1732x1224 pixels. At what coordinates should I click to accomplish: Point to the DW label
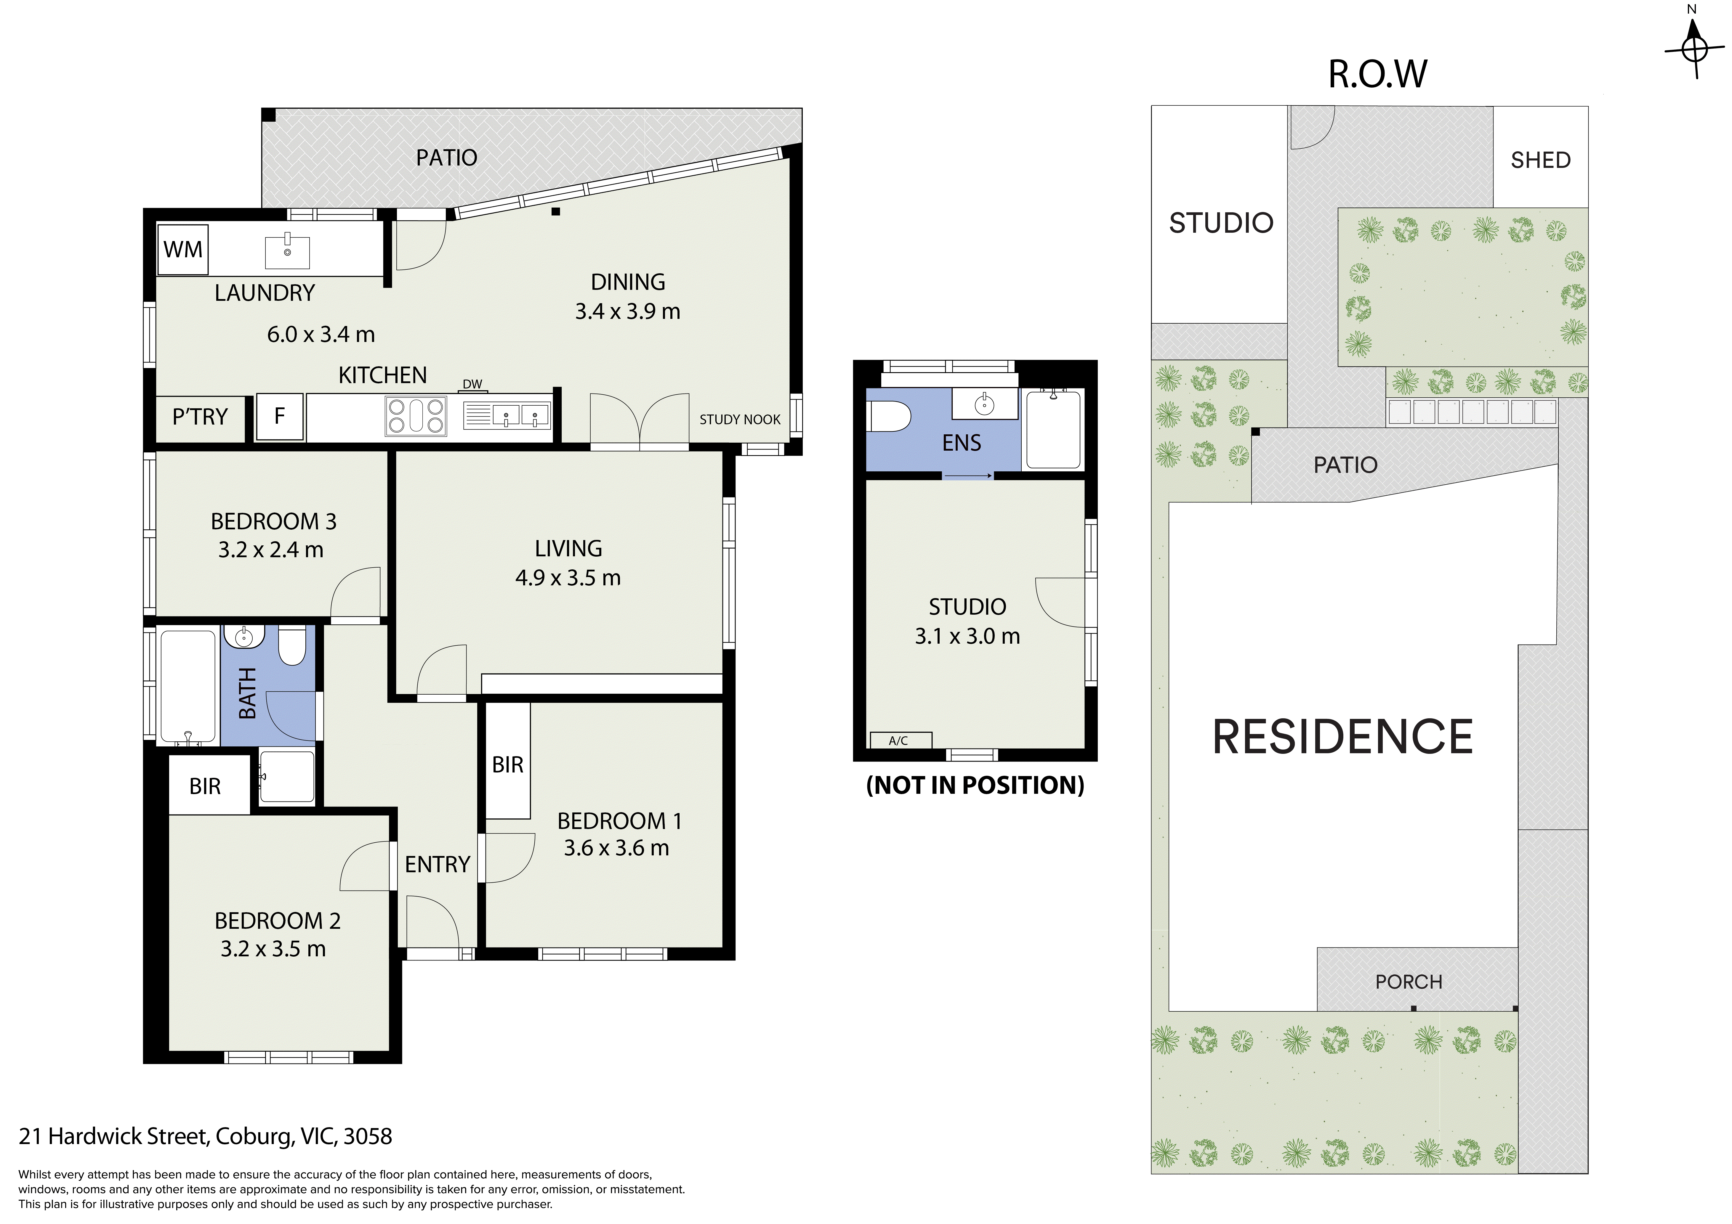472,384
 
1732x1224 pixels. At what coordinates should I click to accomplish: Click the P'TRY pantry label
200,416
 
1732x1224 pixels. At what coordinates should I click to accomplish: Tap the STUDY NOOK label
740,419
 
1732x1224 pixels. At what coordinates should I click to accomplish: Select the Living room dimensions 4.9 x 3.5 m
568,578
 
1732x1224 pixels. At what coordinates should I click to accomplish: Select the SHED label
1540,160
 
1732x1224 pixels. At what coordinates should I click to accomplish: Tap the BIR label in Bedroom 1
508,765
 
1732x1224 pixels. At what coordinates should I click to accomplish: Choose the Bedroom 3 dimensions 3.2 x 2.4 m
271,550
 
